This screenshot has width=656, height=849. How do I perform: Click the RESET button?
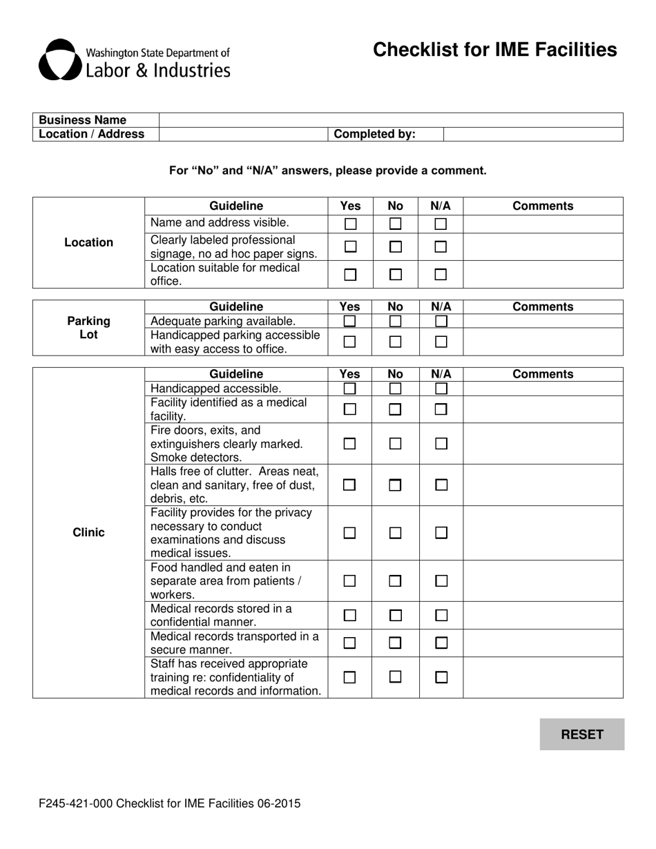coord(581,734)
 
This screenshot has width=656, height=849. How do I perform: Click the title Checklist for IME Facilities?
coord(494,50)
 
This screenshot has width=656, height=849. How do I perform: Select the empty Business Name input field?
coord(391,120)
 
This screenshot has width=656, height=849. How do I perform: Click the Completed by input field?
coord(532,134)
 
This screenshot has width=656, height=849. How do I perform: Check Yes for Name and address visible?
coord(350,224)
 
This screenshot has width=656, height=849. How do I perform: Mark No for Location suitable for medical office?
coord(395,275)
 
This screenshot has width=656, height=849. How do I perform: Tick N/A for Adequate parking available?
coord(441,321)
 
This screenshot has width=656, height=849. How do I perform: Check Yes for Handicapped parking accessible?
coord(350,342)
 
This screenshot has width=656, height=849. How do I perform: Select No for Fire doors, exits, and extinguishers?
coord(395,444)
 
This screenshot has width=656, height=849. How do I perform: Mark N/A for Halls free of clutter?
coord(441,485)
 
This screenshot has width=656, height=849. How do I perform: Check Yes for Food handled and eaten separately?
coord(350,581)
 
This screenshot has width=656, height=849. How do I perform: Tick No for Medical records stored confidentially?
coord(395,616)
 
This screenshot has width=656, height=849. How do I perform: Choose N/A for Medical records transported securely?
coord(441,643)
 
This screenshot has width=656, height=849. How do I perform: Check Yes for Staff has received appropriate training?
coord(350,678)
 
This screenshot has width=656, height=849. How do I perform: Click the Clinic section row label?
coord(88,533)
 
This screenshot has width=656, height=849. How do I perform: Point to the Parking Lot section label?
coord(88,328)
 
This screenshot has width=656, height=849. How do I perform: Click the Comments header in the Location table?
coord(543,206)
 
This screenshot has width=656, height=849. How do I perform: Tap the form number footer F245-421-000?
coord(170,803)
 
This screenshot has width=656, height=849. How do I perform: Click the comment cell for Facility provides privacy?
coord(543,533)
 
